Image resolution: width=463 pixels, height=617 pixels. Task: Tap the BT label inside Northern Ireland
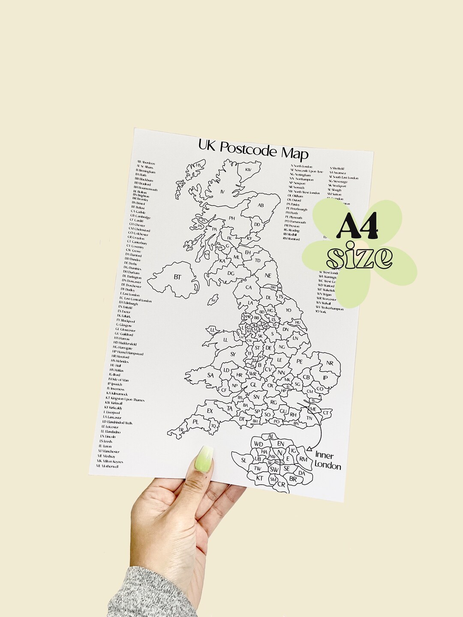pyautogui.click(x=177, y=277)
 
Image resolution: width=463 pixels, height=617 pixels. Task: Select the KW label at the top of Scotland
pyautogui.click(x=248, y=170)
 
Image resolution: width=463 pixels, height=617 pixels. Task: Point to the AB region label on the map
pyautogui.click(x=260, y=205)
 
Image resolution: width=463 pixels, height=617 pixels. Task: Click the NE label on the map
pyautogui.click(x=268, y=276)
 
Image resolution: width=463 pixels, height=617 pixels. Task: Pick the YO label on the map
pyautogui.click(x=288, y=310)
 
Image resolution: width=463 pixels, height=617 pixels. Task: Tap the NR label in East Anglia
pyautogui.click(x=329, y=363)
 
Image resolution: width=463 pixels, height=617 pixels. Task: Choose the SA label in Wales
pyautogui.click(x=210, y=375)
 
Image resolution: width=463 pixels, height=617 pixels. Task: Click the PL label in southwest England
pyautogui.click(x=195, y=422)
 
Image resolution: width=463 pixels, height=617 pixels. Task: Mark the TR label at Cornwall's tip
pyautogui.click(x=181, y=430)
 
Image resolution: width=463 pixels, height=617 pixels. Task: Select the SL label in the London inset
pyautogui.click(x=244, y=460)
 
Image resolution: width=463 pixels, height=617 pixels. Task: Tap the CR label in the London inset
pyautogui.click(x=281, y=484)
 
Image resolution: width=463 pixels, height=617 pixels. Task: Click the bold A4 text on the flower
pyautogui.click(x=354, y=228)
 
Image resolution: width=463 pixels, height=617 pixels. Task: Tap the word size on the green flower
pyautogui.click(x=359, y=257)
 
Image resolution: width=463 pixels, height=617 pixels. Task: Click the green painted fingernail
pyautogui.click(x=204, y=459)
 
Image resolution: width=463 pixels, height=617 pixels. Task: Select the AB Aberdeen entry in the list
pyautogui.click(x=146, y=162)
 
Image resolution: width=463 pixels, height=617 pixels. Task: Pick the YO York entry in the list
pyautogui.click(x=321, y=312)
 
